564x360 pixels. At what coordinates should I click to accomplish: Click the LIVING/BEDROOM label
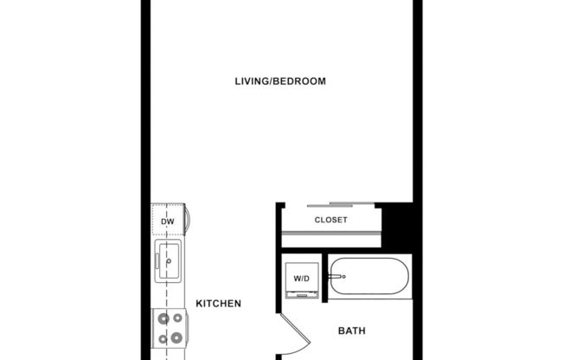coord(280,81)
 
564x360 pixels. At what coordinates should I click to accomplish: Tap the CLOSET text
coord(330,220)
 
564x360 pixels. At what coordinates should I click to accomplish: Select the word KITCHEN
coord(217,304)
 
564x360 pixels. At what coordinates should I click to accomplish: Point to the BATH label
coord(350,331)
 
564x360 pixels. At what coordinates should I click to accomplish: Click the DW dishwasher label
coord(167,222)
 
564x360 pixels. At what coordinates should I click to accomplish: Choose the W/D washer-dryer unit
coord(302,280)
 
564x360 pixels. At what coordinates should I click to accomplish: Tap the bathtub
coord(369,278)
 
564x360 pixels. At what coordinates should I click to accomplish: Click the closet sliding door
coord(330,205)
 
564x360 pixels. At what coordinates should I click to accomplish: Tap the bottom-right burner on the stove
coord(176,337)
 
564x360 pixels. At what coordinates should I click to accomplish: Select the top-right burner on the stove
coord(176,319)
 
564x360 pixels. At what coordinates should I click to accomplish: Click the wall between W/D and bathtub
coord(324,279)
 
